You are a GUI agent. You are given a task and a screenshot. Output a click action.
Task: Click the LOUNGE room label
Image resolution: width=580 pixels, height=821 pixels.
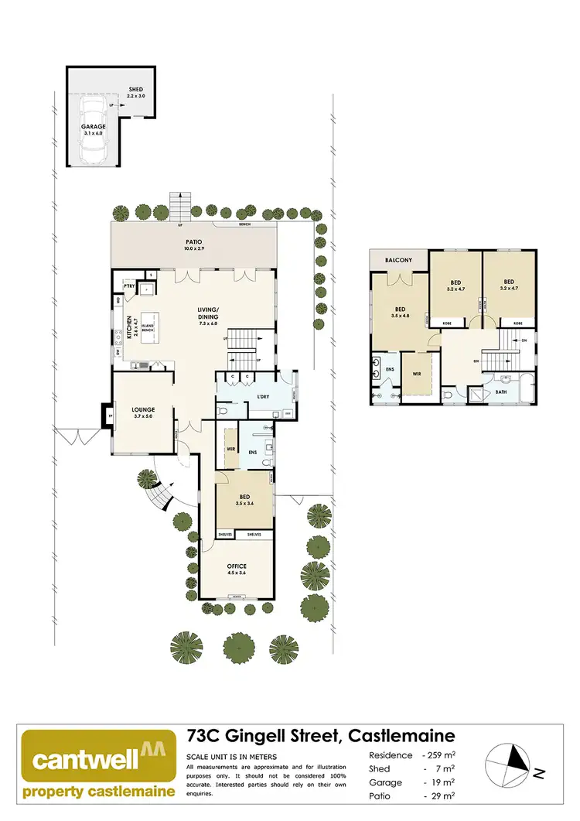143,410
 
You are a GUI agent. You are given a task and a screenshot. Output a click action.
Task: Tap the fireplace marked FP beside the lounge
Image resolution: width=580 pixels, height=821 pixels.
106,416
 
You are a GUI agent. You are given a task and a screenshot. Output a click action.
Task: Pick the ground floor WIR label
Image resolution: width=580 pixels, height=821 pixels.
230,448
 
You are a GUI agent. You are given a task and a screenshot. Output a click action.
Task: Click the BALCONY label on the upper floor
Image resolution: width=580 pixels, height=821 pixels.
398,261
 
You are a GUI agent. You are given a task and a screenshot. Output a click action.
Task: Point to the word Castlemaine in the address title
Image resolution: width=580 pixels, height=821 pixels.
401,735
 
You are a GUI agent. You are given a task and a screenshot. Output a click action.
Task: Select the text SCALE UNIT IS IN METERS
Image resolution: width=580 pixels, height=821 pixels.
232,756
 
